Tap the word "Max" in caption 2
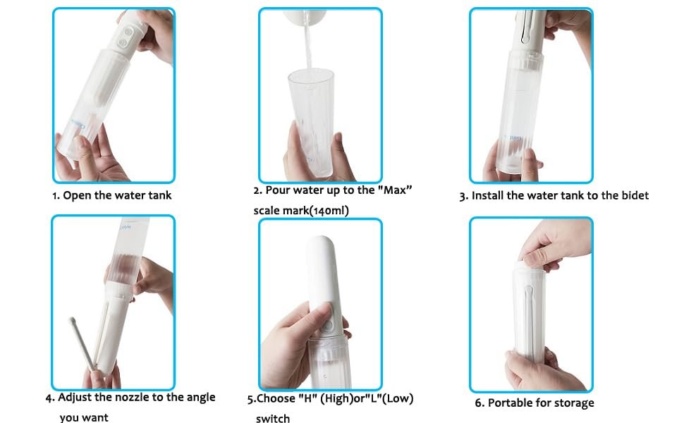[395, 190]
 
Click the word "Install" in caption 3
[488, 195]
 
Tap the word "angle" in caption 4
[201, 398]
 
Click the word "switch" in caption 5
[273, 419]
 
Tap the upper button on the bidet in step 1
[128, 32]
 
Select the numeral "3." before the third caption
[464, 196]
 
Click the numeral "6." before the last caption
[480, 403]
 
